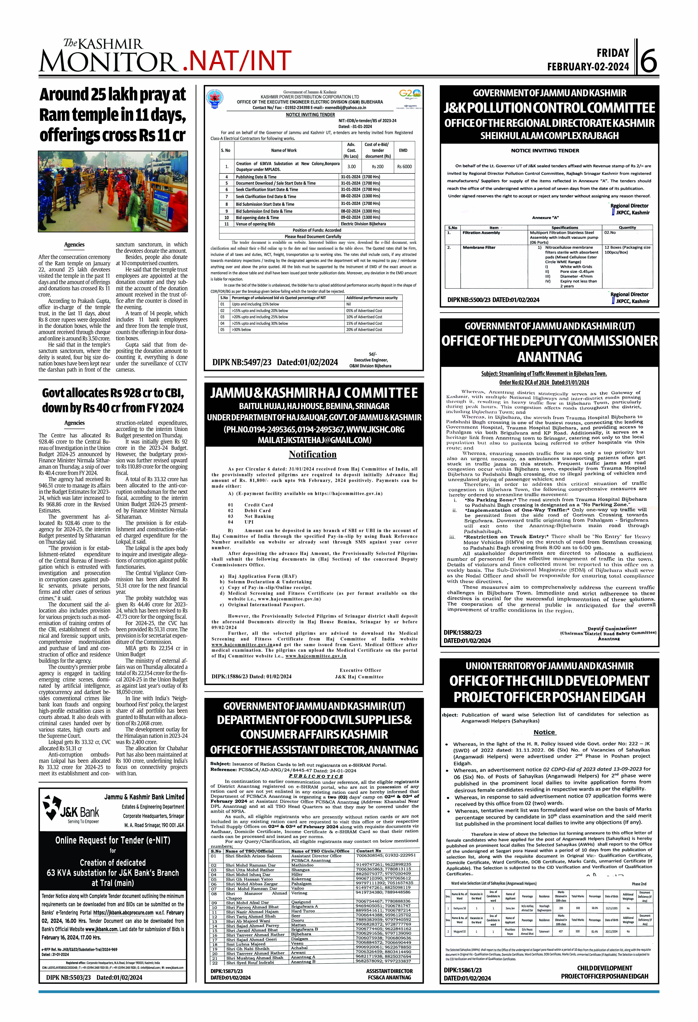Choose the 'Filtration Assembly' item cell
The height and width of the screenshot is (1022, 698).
[x=481, y=233]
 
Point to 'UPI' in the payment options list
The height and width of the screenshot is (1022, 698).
[x=249, y=522]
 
